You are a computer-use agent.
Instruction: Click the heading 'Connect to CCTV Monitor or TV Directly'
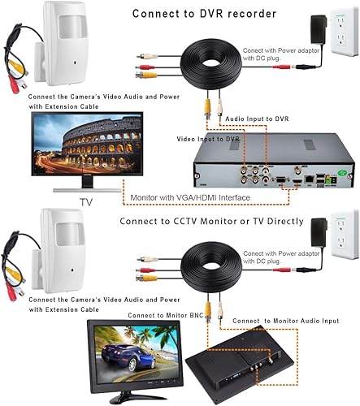[212, 221]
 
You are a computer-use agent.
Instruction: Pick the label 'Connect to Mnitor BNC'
[165, 314]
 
